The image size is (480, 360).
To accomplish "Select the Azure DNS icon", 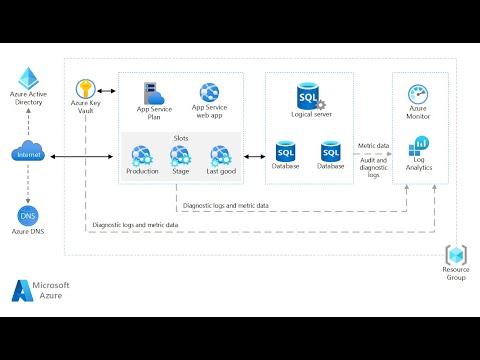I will [29, 214].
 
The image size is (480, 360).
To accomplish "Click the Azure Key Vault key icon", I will [87, 90].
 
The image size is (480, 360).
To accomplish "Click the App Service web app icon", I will [210, 93].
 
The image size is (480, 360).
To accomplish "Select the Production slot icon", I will [142, 155].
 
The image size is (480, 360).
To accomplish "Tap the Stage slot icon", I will [180, 155].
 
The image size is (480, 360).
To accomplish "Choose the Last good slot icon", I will [220, 155].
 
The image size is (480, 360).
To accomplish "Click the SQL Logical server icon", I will [308, 96].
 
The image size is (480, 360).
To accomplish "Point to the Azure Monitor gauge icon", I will [419, 94].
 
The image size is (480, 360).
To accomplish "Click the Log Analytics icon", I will [420, 146].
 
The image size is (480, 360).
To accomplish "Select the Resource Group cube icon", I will [456, 254].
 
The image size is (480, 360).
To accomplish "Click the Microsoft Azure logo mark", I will [22, 290].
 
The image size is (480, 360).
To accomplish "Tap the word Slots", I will [180, 138].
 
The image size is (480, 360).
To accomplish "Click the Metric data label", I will [374, 145].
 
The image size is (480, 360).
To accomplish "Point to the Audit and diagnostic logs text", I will [374, 167].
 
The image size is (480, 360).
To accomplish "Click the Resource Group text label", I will [456, 274].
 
